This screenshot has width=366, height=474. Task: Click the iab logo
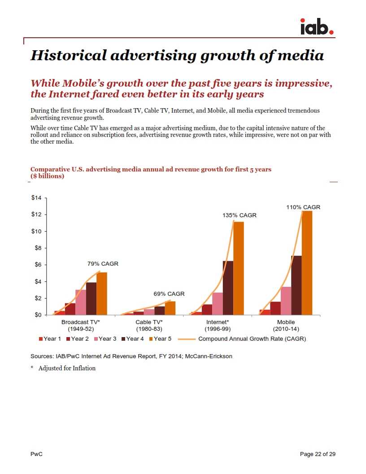pyautogui.click(x=317, y=26)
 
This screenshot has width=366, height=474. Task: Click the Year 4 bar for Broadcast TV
pyautogui.click(x=91, y=298)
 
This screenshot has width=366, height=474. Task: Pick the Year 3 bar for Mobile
pyautogui.click(x=286, y=301)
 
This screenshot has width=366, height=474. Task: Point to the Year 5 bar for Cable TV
pyautogui.click(x=170, y=308)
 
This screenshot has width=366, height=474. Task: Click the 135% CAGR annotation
pyautogui.click(x=240, y=215)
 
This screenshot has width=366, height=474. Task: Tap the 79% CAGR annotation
pyautogui.click(x=103, y=263)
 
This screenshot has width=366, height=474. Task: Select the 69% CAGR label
pyautogui.click(x=169, y=294)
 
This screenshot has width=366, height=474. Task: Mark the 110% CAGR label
pyautogui.click(x=303, y=207)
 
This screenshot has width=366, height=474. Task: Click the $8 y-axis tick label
pyautogui.click(x=37, y=248)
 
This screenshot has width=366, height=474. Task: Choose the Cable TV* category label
pyautogui.click(x=149, y=322)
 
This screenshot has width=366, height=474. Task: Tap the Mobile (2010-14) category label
pyautogui.click(x=286, y=325)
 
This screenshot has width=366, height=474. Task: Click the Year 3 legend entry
pyautogui.click(x=105, y=339)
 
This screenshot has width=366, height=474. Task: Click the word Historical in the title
pyautogui.click(x=68, y=55)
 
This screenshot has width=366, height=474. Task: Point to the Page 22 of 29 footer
pyautogui.click(x=318, y=454)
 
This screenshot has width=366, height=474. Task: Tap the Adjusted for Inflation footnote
pyautogui.click(x=67, y=369)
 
